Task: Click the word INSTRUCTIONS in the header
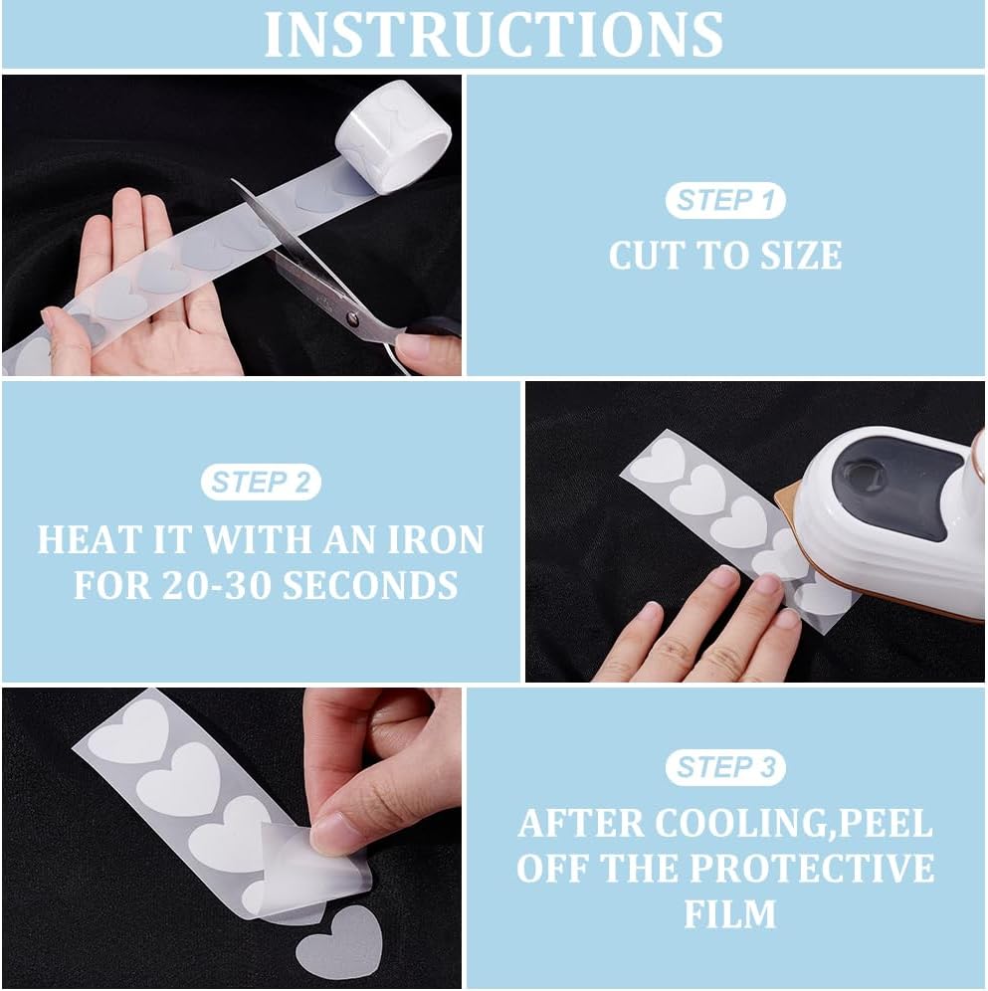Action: [x=494, y=35]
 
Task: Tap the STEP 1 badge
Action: [x=725, y=200]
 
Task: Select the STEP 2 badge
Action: [x=261, y=483]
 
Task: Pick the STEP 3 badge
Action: [x=725, y=767]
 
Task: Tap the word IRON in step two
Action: [x=436, y=539]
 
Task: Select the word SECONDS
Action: [x=370, y=585]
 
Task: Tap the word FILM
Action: [x=730, y=914]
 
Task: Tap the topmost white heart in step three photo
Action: [x=129, y=732]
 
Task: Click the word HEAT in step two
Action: [x=90, y=539]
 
